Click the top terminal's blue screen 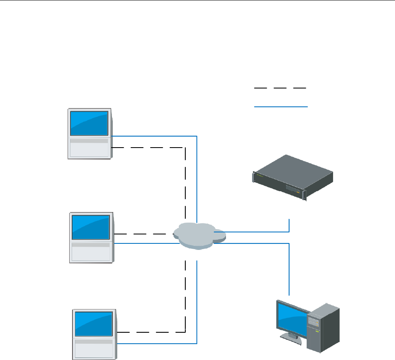[x=90, y=122]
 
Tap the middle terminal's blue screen [x=91, y=227]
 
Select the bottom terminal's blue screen [x=93, y=322]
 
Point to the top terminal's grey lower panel [x=90, y=148]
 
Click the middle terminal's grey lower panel [x=92, y=253]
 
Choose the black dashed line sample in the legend [x=280, y=88]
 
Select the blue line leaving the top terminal [x=155, y=136]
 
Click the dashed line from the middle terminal [x=143, y=234]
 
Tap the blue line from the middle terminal [x=143, y=244]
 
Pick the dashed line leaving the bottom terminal [x=151, y=331]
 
